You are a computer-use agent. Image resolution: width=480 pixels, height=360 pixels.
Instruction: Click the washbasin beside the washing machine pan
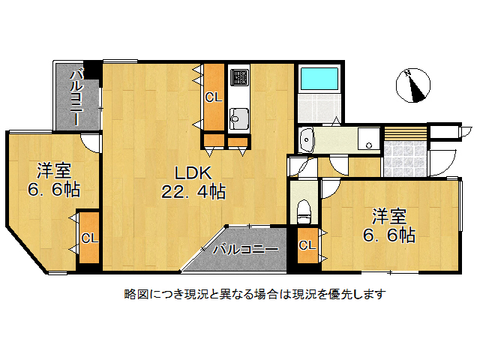pos(307,139)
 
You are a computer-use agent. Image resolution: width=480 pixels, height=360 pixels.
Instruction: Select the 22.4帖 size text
pos(193,191)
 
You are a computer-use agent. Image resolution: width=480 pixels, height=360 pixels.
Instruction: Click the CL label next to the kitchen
pos(214,97)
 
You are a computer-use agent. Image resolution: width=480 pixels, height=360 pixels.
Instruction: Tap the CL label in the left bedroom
pos(89,238)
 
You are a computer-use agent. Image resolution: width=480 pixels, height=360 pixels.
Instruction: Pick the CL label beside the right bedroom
pos(307,245)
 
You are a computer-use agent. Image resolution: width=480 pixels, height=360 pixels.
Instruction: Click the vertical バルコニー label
pos(76,96)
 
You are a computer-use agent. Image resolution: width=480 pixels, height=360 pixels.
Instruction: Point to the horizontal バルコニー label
pos(245,249)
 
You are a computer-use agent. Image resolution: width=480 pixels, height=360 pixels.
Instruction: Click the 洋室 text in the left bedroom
pos(55,169)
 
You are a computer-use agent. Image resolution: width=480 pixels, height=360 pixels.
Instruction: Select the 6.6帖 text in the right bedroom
pos(389,235)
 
